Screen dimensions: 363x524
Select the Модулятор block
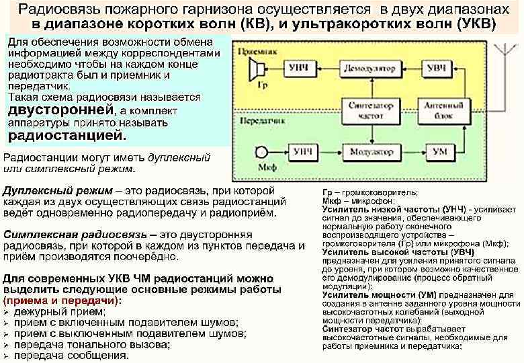[371, 153]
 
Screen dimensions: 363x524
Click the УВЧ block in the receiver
[437, 69]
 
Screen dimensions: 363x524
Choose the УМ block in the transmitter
[439, 153]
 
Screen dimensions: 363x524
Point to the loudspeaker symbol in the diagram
[257, 69]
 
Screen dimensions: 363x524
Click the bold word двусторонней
[58, 110]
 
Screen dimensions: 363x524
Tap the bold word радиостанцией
[66, 136]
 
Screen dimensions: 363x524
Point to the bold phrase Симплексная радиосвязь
[81, 235]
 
